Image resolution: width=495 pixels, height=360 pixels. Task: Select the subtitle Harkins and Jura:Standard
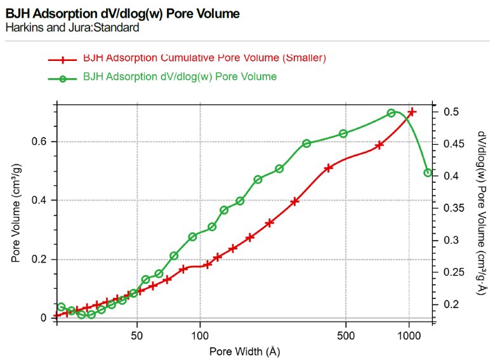(x=72, y=28)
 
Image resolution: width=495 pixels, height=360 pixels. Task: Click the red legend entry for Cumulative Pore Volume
(x=204, y=58)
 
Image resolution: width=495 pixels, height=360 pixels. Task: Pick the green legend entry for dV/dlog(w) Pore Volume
(x=180, y=76)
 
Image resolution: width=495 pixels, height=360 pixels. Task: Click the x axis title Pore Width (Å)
(x=244, y=350)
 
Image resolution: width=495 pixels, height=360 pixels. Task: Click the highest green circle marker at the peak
(x=392, y=113)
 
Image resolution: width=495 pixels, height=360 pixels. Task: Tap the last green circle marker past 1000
(x=428, y=173)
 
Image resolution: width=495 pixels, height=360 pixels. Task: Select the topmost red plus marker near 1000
(x=412, y=112)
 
